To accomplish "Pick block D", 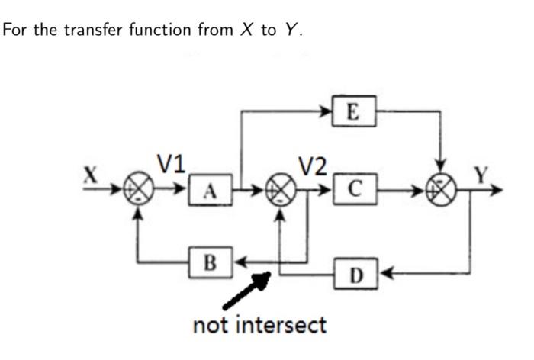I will [x=353, y=272].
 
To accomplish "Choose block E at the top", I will [x=353, y=111].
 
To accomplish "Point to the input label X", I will [x=92, y=174].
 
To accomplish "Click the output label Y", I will [x=481, y=174].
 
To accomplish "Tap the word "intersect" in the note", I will [x=282, y=325].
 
